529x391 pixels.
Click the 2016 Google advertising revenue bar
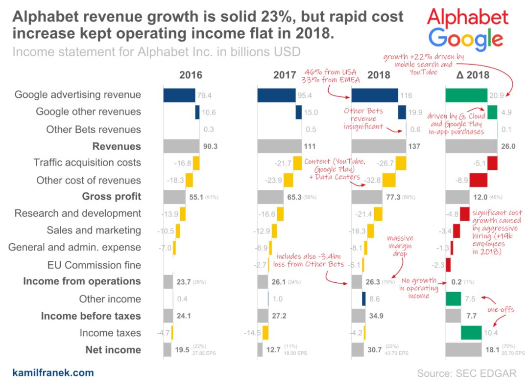pos(179,95)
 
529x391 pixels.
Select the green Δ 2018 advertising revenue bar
pos(466,95)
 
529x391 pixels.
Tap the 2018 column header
pos(378,75)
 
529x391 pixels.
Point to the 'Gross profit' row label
pos(112,196)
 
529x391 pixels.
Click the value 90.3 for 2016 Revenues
pos(210,146)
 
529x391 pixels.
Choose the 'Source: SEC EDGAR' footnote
pos(466,373)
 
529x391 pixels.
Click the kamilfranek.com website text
pos(53,373)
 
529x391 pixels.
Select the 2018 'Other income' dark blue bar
pos(364,299)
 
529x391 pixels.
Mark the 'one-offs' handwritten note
pos(501,310)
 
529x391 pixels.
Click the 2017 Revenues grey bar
pos(280,146)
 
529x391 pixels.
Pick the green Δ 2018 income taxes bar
pos(471,333)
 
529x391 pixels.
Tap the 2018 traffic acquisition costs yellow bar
pos(401,162)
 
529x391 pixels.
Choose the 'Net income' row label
pos(113,350)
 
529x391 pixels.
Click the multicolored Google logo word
pos(468,39)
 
